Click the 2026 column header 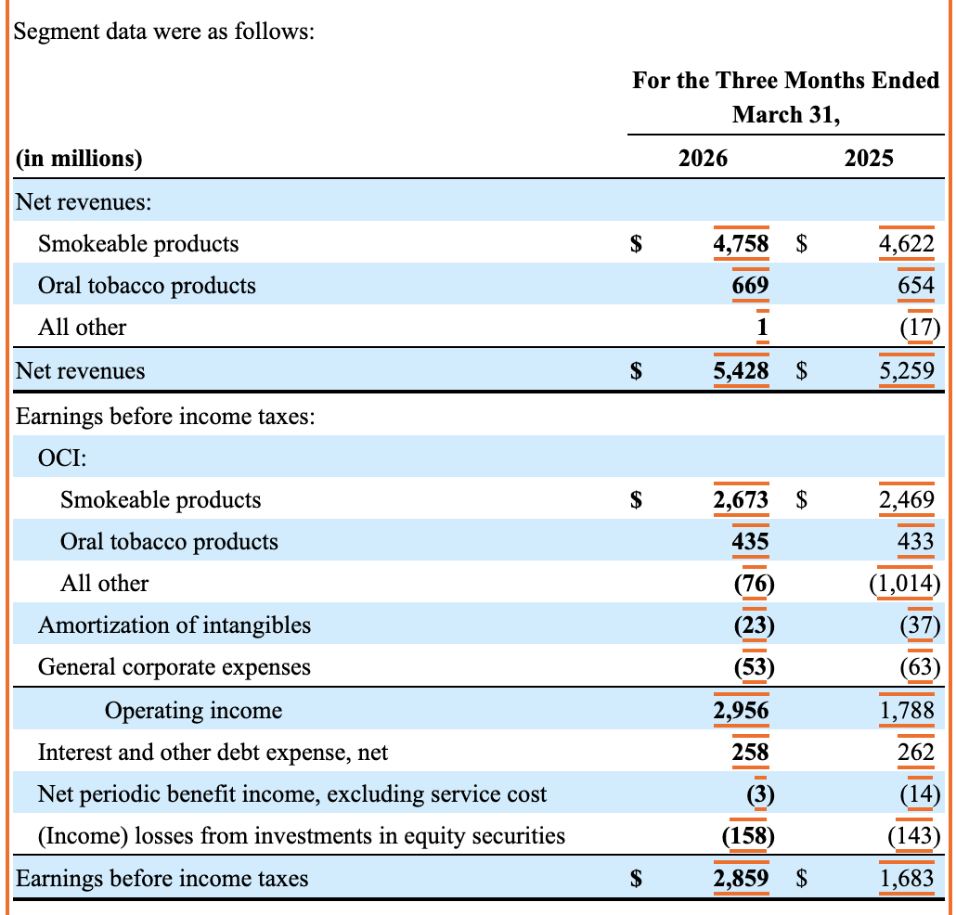point(703,159)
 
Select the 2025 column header point(868,159)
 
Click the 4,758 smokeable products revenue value point(741,244)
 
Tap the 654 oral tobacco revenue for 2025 point(916,285)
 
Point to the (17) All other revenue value point(920,328)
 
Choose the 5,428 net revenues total point(741,370)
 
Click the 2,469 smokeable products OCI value point(907,500)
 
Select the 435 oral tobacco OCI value point(751,541)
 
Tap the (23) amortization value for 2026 point(755,625)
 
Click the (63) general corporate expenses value point(920,667)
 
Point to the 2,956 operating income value point(741,711)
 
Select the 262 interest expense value point(916,753)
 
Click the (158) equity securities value point(748,836)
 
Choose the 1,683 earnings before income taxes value point(907,879)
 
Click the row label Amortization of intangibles point(174,625)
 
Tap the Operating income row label point(193,711)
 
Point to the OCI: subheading point(62,457)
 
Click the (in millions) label point(79,159)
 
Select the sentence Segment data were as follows point(164,32)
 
